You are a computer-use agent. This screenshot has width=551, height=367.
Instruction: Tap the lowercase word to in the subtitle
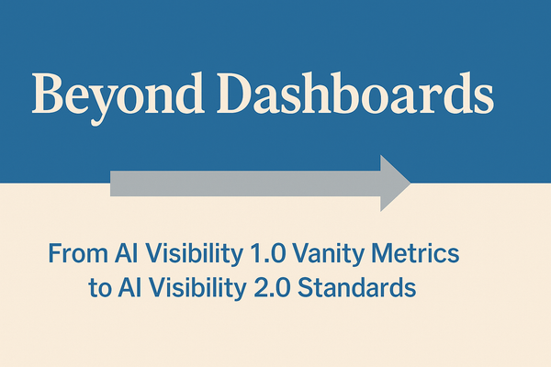click(x=96, y=288)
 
